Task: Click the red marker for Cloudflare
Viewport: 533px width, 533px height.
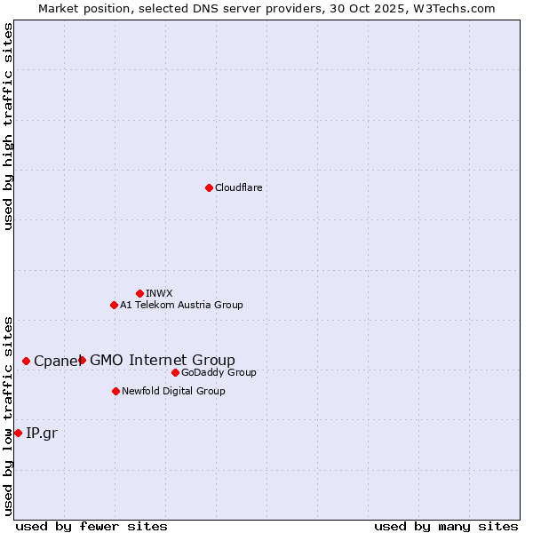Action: pos(209,187)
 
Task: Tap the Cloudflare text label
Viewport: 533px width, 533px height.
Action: pos(238,187)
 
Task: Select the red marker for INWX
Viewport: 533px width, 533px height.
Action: pos(139,293)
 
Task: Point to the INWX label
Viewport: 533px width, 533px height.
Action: pos(159,293)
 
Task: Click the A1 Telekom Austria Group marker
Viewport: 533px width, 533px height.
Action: pos(114,305)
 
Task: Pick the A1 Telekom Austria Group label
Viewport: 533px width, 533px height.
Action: pos(181,305)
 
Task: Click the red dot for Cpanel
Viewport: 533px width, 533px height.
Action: pos(27,361)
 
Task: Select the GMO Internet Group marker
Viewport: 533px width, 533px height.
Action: pos(83,360)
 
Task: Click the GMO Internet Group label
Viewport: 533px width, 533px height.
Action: pos(163,360)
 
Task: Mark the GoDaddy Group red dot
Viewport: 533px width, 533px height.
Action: pos(175,372)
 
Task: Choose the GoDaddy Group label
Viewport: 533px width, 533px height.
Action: pos(219,372)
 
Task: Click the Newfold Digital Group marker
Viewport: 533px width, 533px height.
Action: pos(115,391)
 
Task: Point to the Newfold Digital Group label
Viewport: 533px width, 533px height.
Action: pos(173,391)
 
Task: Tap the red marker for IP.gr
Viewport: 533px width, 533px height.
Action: pos(18,433)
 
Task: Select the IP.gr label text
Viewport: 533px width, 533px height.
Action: pos(41,433)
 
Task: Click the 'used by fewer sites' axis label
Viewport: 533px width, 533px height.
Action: pos(91,526)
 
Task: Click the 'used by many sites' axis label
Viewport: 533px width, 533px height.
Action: pos(446,526)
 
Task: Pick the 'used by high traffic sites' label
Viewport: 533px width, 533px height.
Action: pos(8,126)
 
